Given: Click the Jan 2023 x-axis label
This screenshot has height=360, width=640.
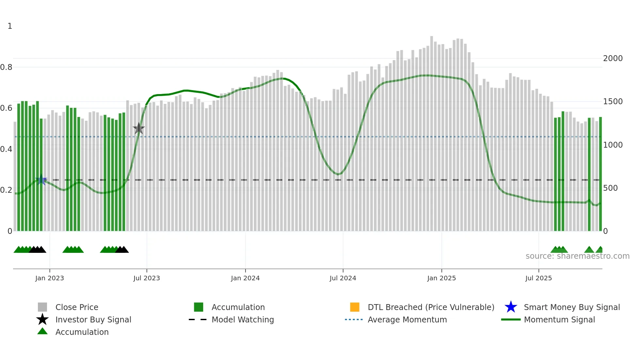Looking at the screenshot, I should [x=50, y=278].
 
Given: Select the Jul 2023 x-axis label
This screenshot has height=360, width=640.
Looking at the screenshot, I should [x=147, y=278].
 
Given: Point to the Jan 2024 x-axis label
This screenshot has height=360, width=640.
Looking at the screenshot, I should [x=245, y=278].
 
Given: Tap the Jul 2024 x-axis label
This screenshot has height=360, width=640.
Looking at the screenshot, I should [x=343, y=278].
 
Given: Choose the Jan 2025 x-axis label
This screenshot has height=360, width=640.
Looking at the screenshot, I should [x=441, y=278].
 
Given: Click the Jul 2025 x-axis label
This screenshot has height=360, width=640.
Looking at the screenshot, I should [x=538, y=278].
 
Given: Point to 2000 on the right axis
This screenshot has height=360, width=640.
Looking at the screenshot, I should [x=613, y=58].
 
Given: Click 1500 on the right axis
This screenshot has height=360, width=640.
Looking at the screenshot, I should [x=613, y=102].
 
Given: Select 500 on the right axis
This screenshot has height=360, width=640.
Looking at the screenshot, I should [x=610, y=188].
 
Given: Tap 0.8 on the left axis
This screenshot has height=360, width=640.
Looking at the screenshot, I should [x=6, y=67].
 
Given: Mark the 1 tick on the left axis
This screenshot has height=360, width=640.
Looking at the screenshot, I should [x=10, y=26].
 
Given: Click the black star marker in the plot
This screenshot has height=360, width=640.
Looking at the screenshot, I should [x=139, y=128].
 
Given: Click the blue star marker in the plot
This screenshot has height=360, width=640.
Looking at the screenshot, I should [x=41, y=180].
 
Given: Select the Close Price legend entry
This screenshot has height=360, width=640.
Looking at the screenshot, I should [x=77, y=307].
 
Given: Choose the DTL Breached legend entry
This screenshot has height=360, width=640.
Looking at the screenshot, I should [x=431, y=307].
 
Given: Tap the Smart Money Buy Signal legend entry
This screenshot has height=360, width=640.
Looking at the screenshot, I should [x=571, y=307].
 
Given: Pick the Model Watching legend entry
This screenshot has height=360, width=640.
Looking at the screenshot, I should [x=243, y=319].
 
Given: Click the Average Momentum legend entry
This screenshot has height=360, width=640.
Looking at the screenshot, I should [x=407, y=319].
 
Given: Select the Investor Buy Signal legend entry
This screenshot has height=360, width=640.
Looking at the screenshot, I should [x=93, y=319].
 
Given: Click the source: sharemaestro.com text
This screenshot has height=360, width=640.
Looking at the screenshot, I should [x=577, y=256].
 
